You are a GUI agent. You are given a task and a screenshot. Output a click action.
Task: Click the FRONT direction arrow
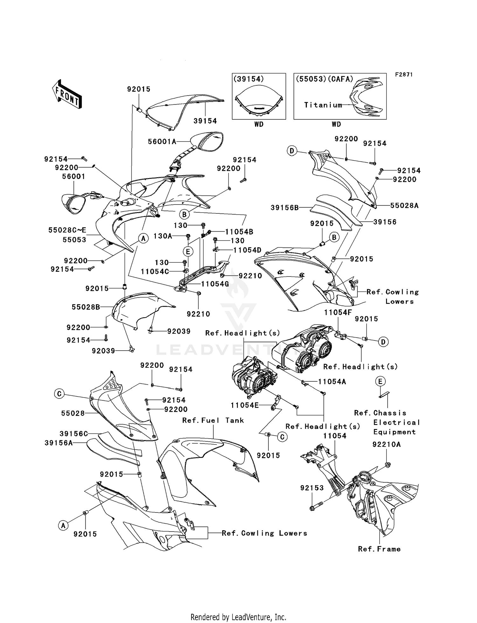point(67,95)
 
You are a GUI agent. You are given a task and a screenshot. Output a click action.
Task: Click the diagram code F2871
point(404,75)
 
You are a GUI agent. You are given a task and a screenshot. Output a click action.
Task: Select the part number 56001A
point(162,142)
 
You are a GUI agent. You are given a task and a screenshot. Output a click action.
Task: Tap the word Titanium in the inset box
point(323,105)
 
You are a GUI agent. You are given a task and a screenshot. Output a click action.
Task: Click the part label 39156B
point(285,208)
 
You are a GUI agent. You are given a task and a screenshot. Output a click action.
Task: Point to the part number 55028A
point(404,206)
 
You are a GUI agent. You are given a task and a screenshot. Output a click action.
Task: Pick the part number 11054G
point(215,284)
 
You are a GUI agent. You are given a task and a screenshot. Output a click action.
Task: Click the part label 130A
point(162,236)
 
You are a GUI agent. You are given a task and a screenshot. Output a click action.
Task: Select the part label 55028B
point(86,307)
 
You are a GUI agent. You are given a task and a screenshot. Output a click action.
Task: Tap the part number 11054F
point(338,313)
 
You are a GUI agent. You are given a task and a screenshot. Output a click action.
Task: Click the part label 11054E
point(245,405)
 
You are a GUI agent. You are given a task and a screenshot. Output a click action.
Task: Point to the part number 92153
point(312,488)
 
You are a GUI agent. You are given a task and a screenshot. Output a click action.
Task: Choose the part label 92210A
point(386,445)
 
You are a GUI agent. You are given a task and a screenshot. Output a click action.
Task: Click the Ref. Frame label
point(379,549)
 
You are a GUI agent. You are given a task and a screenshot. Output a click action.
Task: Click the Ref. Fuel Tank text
point(213,420)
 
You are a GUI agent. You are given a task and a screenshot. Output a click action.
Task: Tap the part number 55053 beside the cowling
point(74,240)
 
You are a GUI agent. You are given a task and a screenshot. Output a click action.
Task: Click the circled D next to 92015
point(383,342)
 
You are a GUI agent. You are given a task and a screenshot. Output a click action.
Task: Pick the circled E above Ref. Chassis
point(380,381)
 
